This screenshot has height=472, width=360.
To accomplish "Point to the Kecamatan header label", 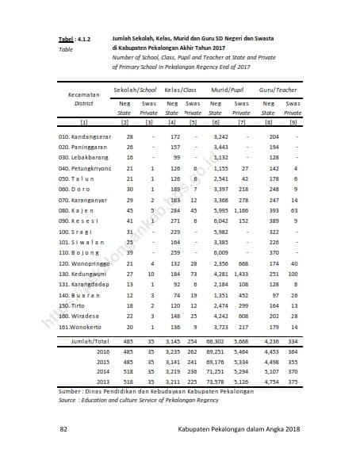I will [x=84, y=94].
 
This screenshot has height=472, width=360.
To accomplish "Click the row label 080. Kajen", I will [x=75, y=212].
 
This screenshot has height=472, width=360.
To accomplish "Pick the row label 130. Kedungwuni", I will [x=82, y=274].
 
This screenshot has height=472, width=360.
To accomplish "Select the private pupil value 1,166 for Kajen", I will [x=240, y=212].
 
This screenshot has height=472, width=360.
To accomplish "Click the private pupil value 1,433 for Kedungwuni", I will [x=240, y=274].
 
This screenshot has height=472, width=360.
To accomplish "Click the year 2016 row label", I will [x=103, y=350].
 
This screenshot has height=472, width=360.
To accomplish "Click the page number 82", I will [x=63, y=429].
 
